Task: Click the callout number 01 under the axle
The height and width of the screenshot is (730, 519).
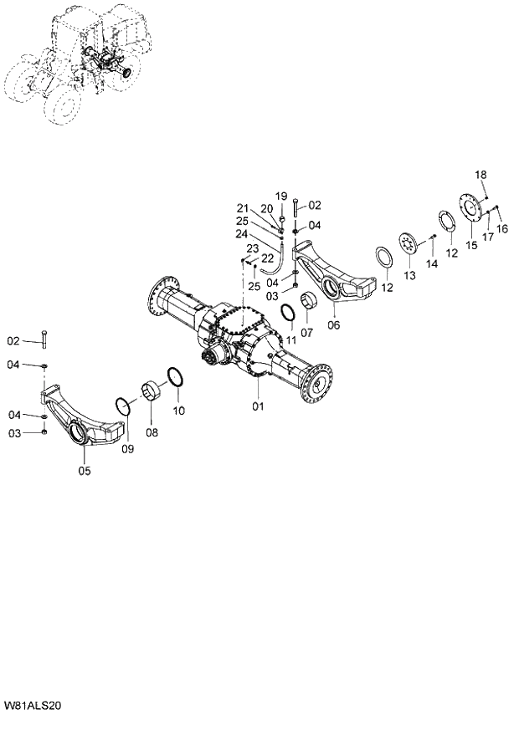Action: tap(258, 406)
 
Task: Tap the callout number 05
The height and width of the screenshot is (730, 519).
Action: tap(85, 471)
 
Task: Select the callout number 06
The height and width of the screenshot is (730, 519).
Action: tap(334, 324)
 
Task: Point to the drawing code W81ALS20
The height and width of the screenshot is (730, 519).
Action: tap(33, 707)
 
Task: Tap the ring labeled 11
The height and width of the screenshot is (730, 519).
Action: tap(286, 314)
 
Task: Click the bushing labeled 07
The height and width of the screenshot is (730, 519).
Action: tap(307, 299)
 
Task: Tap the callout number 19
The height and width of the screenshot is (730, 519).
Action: tap(281, 196)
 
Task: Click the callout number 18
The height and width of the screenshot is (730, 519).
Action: tap(480, 175)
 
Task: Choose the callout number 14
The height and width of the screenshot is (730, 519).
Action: tap(431, 264)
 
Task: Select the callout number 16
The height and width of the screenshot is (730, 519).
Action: tap(502, 228)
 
